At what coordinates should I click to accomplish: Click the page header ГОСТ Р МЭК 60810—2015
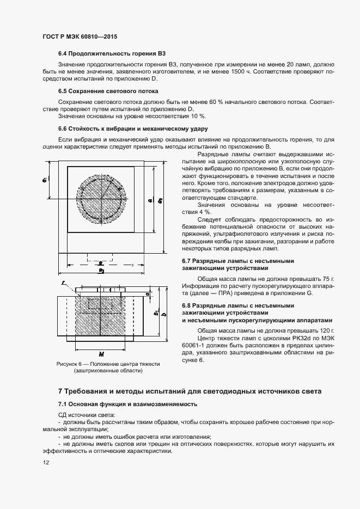click(80, 37)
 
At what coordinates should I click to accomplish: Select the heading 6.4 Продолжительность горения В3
click(112, 54)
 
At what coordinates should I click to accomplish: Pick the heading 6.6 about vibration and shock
click(133, 128)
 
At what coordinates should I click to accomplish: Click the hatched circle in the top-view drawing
click(101, 203)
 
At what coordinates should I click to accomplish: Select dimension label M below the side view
click(100, 352)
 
